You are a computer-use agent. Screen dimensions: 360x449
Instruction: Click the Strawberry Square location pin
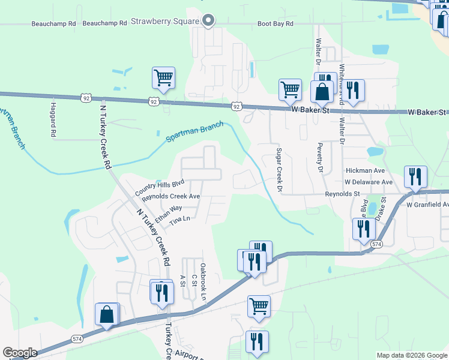(x=208, y=21)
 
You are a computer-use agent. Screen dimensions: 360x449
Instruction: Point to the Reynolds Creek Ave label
(x=170, y=197)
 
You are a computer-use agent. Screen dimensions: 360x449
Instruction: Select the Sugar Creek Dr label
(x=279, y=170)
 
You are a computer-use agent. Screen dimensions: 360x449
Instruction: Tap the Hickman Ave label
(x=369, y=171)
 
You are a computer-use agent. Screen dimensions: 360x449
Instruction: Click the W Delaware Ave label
(x=368, y=182)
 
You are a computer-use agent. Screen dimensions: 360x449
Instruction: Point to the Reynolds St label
(x=342, y=194)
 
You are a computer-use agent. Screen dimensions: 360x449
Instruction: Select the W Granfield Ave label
(x=427, y=205)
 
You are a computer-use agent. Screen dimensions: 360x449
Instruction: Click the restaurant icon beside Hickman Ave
(x=415, y=176)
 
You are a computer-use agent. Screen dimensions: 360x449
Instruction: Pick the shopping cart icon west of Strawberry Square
(x=163, y=77)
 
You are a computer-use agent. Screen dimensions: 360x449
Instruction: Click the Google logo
(x=20, y=352)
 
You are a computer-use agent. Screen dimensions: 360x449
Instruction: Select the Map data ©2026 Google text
(x=411, y=355)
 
